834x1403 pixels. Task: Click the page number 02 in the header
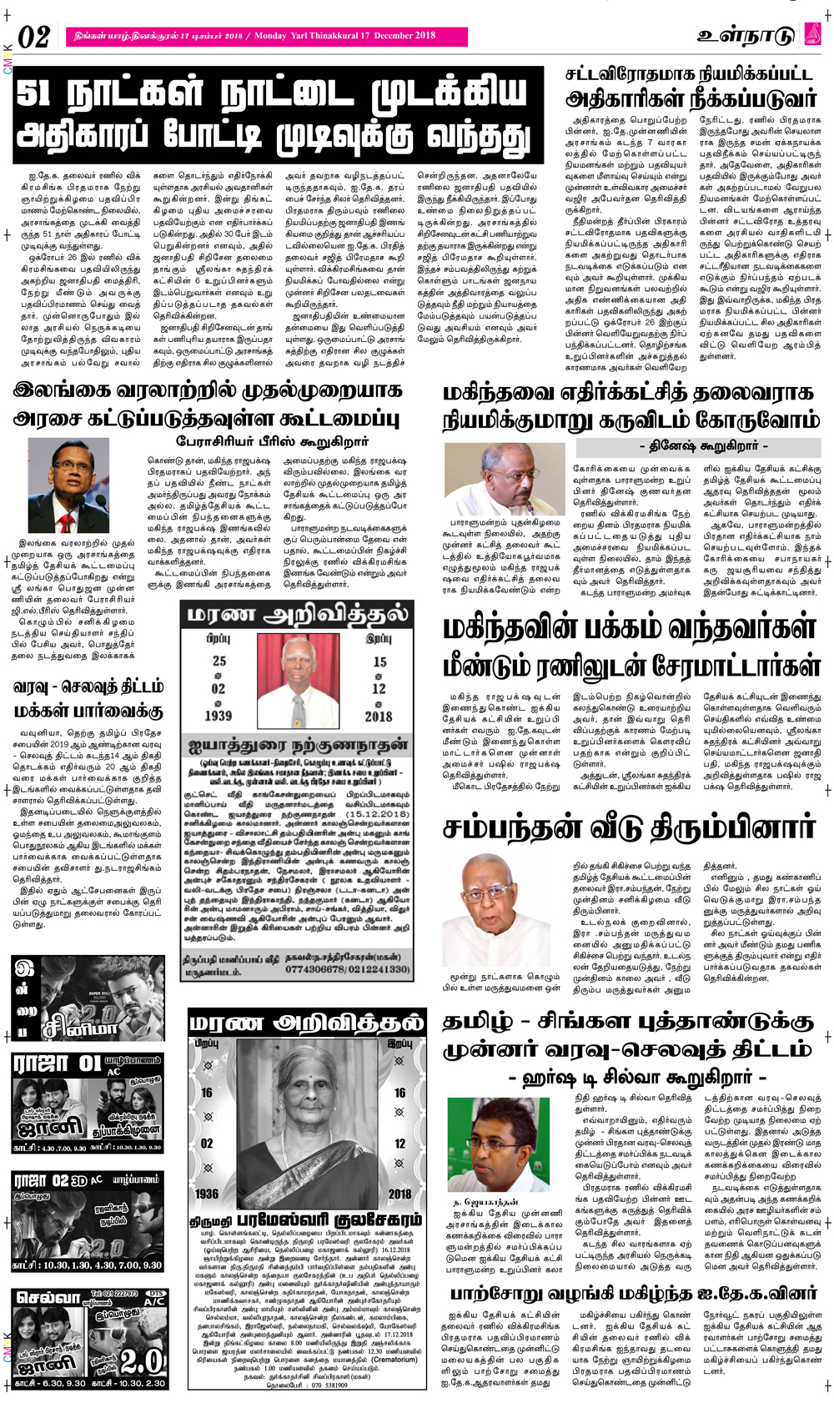click(x=34, y=37)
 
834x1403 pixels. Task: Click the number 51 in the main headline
click(x=38, y=95)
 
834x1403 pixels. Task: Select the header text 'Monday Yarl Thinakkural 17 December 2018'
click(x=344, y=36)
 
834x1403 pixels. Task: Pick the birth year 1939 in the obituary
click(x=218, y=715)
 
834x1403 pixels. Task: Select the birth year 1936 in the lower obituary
click(x=207, y=1194)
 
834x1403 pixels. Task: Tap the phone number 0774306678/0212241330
click(x=348, y=969)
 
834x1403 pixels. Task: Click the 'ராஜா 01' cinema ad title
click(x=57, y=1064)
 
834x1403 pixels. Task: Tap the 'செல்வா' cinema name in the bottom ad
click(x=48, y=1299)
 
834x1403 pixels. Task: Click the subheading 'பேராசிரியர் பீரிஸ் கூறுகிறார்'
click(x=261, y=440)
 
